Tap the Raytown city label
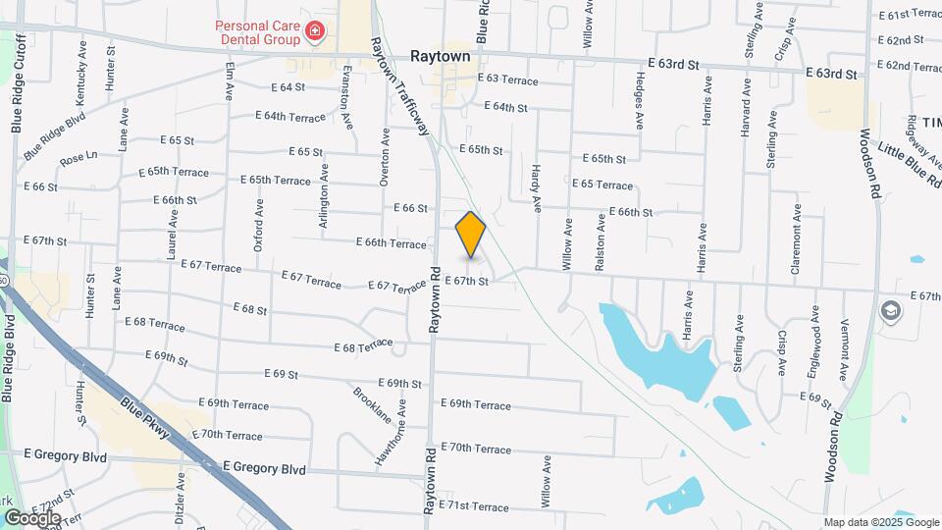(441, 57)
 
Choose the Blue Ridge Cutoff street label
(16, 83)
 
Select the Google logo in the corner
(31, 517)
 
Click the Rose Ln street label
(78, 156)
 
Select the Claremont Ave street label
(798, 232)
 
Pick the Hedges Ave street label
(640, 101)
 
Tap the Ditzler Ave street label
(181, 499)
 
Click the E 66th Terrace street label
(391, 242)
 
